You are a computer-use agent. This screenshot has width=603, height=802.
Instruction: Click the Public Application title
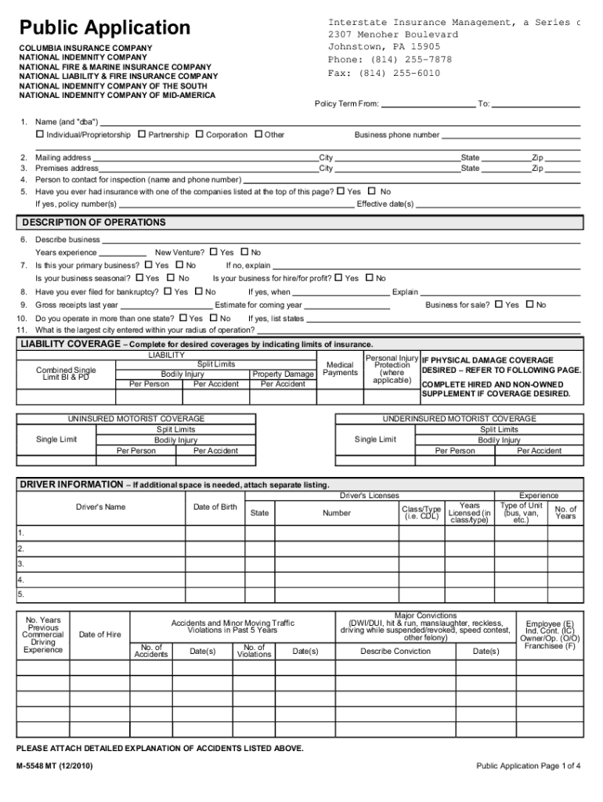click(x=105, y=28)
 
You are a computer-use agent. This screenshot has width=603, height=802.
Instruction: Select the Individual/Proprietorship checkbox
click(x=40, y=135)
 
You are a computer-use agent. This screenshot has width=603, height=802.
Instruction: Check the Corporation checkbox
click(x=200, y=135)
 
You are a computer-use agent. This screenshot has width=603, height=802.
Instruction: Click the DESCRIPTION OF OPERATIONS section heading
click(x=93, y=222)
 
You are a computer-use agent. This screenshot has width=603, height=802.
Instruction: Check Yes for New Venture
click(x=213, y=252)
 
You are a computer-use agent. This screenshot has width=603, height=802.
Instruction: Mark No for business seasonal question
click(x=172, y=278)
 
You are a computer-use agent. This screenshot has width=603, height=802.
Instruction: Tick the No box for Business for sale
click(x=529, y=305)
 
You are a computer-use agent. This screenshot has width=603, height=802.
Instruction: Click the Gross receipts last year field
click(x=166, y=305)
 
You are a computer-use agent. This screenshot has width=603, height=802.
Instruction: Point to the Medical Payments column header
click(x=340, y=369)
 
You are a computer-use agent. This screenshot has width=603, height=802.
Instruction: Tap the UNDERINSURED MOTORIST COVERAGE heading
click(x=459, y=419)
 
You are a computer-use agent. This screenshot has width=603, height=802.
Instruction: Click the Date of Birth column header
click(x=215, y=507)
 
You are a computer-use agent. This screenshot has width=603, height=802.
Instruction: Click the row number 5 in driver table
click(x=21, y=594)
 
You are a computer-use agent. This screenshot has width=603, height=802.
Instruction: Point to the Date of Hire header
click(x=100, y=634)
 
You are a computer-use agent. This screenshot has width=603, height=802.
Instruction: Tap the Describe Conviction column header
click(x=395, y=651)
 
